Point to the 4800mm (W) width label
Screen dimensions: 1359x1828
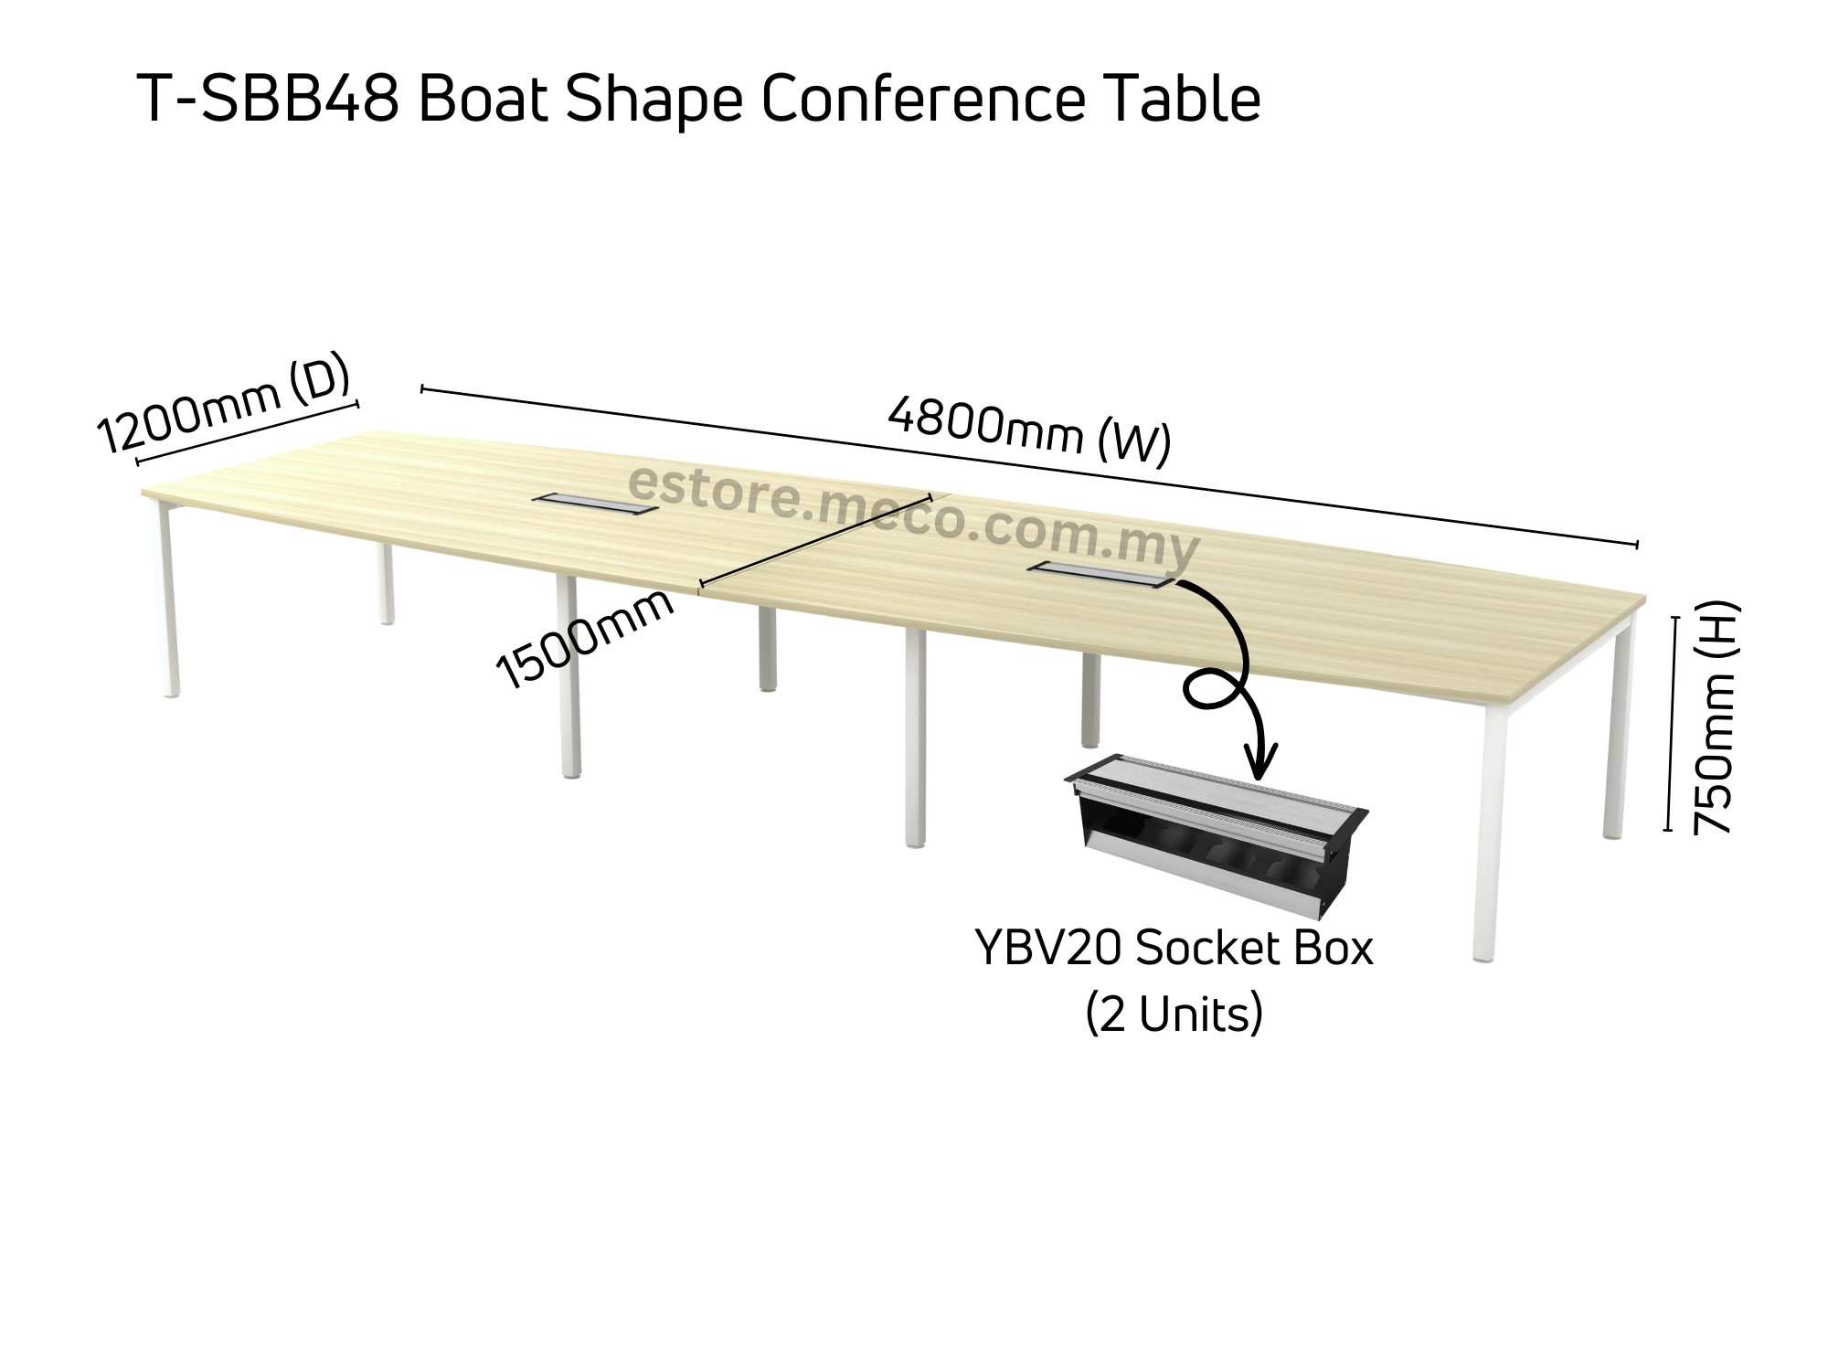(1029, 430)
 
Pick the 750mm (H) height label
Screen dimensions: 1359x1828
(1713, 717)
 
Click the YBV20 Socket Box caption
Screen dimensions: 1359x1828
(1174, 949)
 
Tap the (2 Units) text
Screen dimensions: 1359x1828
(1174, 1014)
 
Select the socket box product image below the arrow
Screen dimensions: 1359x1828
(1216, 845)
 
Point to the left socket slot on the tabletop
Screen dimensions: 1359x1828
(594, 503)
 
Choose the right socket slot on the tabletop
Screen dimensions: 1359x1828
(1100, 574)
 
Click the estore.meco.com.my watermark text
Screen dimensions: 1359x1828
(914, 517)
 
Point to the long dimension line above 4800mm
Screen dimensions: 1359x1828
(1029, 466)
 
